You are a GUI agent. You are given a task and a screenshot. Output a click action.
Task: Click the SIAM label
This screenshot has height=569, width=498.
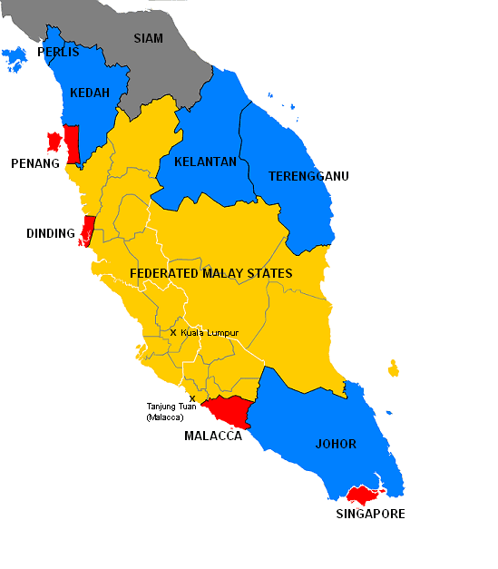(x=149, y=38)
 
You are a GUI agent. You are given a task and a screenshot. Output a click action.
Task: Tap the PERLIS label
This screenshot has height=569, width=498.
(x=58, y=53)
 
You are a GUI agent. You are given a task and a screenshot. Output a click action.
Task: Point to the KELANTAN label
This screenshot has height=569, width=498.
(x=206, y=162)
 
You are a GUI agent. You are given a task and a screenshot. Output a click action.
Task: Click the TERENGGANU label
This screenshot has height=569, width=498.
(x=308, y=176)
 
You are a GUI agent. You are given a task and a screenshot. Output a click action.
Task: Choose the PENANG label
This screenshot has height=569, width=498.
(x=35, y=164)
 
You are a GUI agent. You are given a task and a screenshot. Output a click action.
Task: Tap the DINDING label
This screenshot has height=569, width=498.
(x=51, y=234)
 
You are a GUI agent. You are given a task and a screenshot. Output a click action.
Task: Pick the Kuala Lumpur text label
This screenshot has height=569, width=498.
(x=209, y=333)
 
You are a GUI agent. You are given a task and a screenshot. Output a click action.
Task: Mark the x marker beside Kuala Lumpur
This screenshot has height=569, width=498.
(x=173, y=332)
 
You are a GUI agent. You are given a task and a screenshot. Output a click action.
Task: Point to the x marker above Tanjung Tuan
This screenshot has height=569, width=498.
(x=192, y=397)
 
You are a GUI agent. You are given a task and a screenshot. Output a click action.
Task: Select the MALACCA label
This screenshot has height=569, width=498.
(x=213, y=437)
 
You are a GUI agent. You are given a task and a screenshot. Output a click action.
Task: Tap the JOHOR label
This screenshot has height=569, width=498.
(x=336, y=445)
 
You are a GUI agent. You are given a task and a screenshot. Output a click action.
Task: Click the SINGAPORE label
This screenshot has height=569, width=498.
(x=370, y=514)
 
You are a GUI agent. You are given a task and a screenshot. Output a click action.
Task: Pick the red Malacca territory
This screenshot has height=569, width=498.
(x=234, y=410)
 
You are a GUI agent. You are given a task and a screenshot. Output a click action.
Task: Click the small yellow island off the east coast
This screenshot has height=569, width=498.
(x=393, y=368)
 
